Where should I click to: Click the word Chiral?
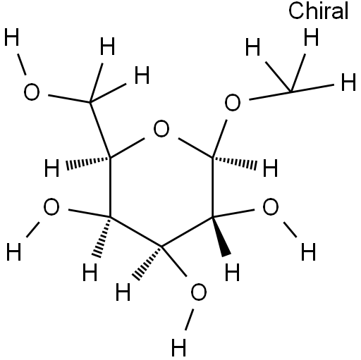click(319, 11)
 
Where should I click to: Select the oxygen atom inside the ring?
click(161, 129)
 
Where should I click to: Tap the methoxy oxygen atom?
click(233, 102)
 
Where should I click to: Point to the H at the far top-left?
click(11, 37)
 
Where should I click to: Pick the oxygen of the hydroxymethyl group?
click(32, 92)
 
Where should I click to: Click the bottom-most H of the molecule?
click(179, 347)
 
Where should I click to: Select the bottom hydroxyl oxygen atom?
click(199, 292)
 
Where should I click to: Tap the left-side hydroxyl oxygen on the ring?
click(51, 206)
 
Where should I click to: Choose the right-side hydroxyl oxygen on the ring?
click(271, 206)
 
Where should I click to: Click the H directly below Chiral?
click(311, 37)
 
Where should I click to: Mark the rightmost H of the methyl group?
click(348, 82)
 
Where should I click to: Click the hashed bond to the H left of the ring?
click(88, 163)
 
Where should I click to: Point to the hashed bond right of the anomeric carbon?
click(235, 163)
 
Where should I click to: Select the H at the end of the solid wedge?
click(232, 273)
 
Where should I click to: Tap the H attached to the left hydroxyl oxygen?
click(13, 252)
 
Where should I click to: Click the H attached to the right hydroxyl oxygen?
click(308, 252)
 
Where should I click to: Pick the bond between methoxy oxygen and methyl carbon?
click(270, 95)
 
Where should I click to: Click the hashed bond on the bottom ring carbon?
click(147, 263)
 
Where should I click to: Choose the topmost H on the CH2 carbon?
click(107, 46)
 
